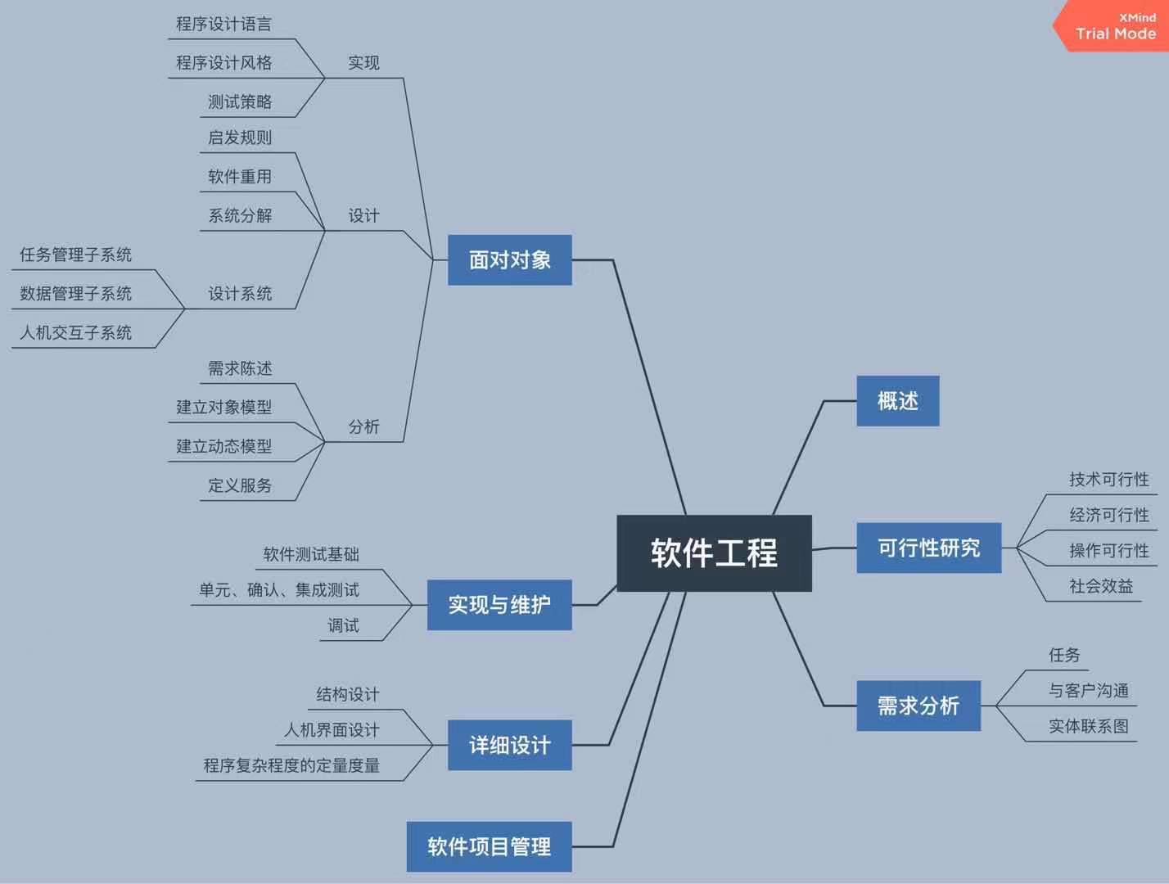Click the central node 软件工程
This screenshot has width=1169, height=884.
[714, 553]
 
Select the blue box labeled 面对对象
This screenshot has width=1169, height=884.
[509, 260]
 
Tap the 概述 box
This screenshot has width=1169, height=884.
[897, 401]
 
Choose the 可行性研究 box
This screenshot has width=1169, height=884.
[928, 548]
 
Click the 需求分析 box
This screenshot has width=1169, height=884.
[918, 706]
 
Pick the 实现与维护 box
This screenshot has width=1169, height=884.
[499, 605]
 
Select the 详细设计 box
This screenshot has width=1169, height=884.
[509, 745]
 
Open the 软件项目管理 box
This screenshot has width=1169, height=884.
[489, 846]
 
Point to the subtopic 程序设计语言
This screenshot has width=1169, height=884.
[223, 25]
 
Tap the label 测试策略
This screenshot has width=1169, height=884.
[240, 102]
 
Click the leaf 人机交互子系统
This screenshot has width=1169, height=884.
[75, 333]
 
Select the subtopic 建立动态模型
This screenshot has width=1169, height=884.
[223, 447]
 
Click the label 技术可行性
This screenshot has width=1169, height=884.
[1108, 480]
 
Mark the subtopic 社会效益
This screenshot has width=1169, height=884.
[1100, 586]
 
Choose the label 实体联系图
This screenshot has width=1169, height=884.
[1088, 726]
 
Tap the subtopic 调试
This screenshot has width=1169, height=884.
[343, 626]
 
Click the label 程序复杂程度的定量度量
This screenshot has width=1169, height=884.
[291, 766]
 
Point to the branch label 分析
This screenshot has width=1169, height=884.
[363, 427]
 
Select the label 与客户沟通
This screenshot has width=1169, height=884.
[1088, 691]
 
